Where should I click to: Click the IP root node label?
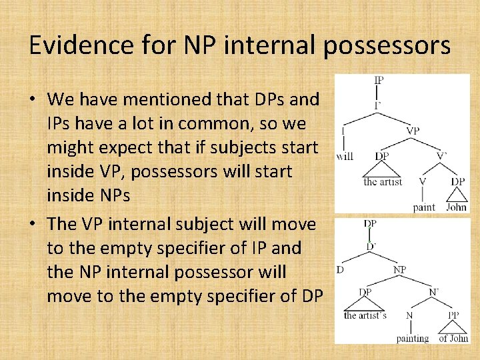[378, 81]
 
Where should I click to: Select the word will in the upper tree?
[345, 157]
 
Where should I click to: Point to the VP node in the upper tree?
[413, 131]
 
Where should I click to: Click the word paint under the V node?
[424, 207]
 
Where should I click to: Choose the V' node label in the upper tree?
[442, 156]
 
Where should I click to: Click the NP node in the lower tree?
[400, 270]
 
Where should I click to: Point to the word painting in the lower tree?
[413, 339]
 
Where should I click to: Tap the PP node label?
[454, 314]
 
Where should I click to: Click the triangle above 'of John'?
[453, 326]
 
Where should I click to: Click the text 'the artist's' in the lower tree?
[365, 315]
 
